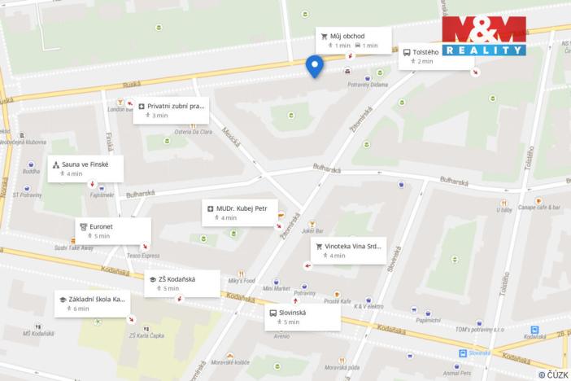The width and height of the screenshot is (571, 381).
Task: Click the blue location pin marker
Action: tap(314, 65)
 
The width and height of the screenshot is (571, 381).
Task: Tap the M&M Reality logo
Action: tap(484, 36)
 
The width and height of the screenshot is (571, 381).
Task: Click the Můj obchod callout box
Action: tap(353, 40)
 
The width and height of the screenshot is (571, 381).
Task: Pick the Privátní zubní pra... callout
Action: tap(170, 110)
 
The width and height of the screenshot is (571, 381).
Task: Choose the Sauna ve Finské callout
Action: tap(85, 169)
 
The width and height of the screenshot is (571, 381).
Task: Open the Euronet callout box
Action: tap(113, 230)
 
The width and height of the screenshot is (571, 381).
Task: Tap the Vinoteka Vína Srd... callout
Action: tap(348, 250)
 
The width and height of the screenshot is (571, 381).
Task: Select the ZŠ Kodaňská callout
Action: tap(182, 282)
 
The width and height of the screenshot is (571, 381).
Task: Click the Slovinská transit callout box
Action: tap(302, 317)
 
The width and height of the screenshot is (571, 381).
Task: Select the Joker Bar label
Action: tap(312, 231)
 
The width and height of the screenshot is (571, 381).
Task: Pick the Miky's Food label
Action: tap(241, 281)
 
